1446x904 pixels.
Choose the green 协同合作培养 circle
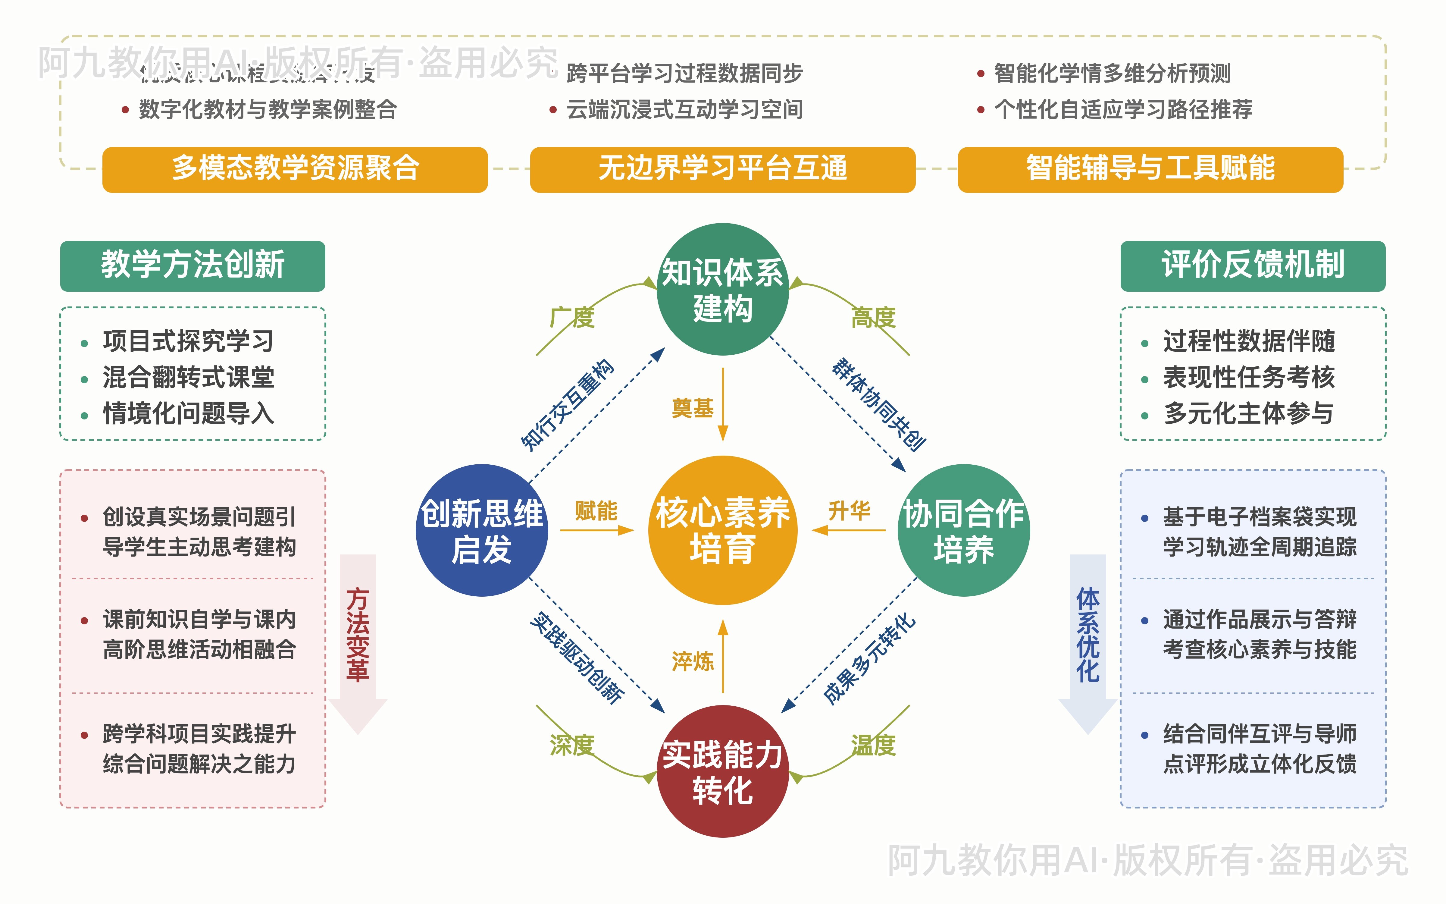964,530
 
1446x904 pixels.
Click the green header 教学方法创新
192,265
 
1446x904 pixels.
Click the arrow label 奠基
693,408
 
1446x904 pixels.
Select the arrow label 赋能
596,511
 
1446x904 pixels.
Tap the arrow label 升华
849,511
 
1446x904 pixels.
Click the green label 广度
572,318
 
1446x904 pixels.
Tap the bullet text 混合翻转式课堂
188,377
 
